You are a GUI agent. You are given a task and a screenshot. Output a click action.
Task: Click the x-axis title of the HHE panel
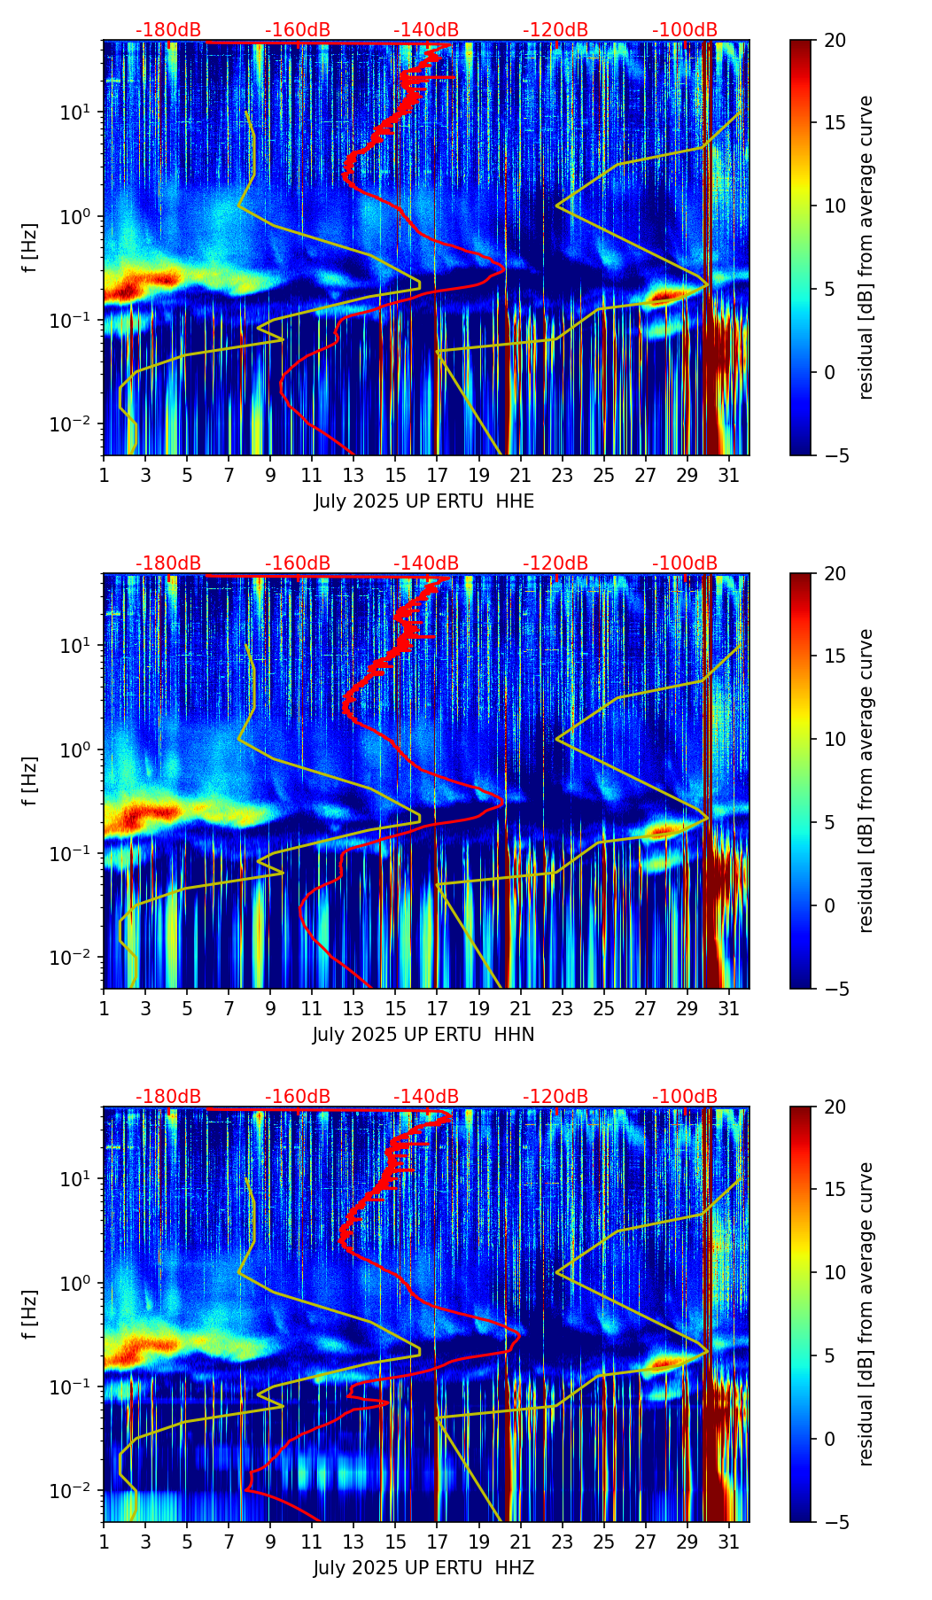click(423, 501)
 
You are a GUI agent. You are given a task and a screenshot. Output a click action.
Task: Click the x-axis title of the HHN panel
click(423, 1035)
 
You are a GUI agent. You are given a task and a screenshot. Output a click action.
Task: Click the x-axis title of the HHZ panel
click(423, 1568)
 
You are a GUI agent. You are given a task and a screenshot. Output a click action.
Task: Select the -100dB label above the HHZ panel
click(685, 1097)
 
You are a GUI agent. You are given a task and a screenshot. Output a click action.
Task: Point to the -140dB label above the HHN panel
click(426, 563)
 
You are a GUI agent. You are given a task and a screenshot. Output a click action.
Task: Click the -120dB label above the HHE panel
click(555, 30)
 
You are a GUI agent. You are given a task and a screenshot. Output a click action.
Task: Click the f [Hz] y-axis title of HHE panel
click(30, 247)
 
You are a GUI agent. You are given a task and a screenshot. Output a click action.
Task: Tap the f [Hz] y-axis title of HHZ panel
click(30, 1314)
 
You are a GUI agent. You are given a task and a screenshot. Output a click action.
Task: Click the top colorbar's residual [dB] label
click(866, 247)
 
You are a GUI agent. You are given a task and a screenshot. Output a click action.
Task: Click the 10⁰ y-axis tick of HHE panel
click(78, 216)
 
